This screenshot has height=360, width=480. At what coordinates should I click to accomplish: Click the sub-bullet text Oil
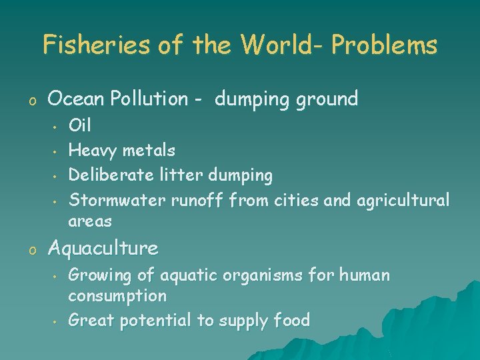coord(80,125)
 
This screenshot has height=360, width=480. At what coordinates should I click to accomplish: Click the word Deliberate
coord(111,175)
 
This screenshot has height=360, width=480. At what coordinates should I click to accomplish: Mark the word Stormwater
coord(118,199)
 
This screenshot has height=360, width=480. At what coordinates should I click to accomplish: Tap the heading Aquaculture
coord(103,249)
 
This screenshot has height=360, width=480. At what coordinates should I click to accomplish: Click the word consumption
coord(117,295)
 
